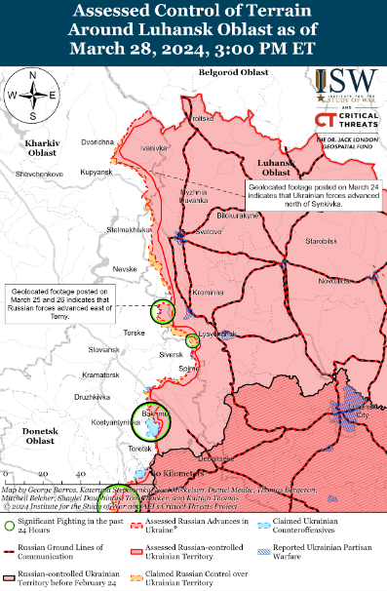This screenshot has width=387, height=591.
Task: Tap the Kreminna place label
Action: pos(207,293)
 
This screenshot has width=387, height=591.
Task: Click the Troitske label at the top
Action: pos(202,119)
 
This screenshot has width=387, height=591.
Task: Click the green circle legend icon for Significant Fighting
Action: pos(9,524)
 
